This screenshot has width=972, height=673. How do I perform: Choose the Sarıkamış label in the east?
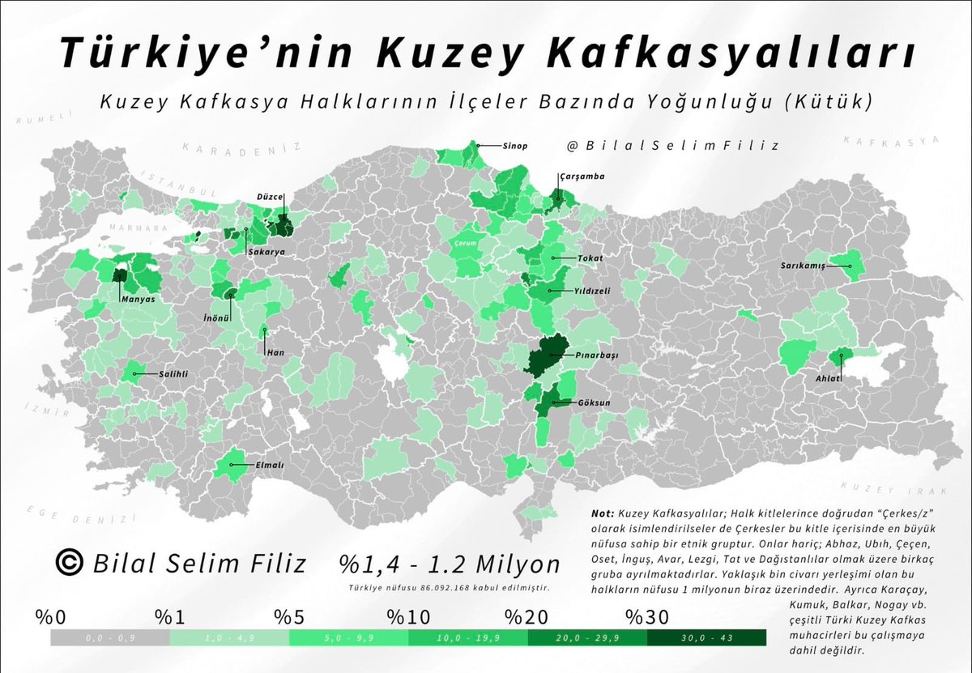(802, 266)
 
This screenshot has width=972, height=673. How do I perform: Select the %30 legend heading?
(647, 618)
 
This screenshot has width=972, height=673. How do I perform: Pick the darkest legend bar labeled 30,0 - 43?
(706, 638)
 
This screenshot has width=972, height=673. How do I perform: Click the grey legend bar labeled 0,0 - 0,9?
(110, 638)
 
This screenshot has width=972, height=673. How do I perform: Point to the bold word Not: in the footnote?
(603, 513)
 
